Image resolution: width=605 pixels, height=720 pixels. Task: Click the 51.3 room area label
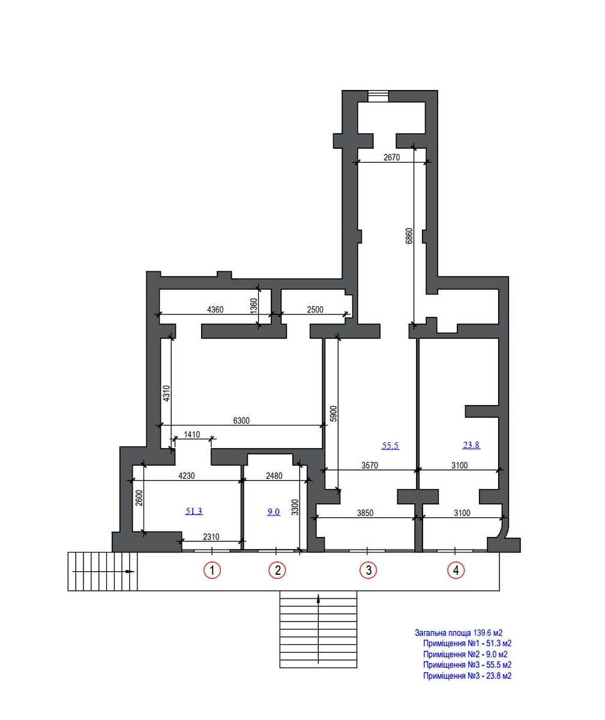[194, 511]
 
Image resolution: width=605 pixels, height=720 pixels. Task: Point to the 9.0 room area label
[274, 512]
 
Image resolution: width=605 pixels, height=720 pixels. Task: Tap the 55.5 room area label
[390, 446]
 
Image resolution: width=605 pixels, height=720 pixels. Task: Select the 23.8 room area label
[471, 445]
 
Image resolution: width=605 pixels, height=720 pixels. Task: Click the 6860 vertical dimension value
[409, 236]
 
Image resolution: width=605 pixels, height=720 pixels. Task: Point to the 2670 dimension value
[391, 157]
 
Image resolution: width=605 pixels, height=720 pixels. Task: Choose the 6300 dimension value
[241, 421]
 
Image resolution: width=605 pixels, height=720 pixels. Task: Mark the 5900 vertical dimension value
[333, 414]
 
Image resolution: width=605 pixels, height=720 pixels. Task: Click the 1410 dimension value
[192, 434]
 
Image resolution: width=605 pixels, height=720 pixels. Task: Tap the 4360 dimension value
[215, 310]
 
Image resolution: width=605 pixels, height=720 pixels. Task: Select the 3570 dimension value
[370, 466]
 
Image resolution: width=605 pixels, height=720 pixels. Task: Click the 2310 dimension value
[211, 537]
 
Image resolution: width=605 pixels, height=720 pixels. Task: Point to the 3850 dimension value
[365, 513]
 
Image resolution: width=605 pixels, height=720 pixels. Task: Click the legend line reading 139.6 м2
[459, 633]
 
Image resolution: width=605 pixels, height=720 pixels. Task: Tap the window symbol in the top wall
[378, 95]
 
